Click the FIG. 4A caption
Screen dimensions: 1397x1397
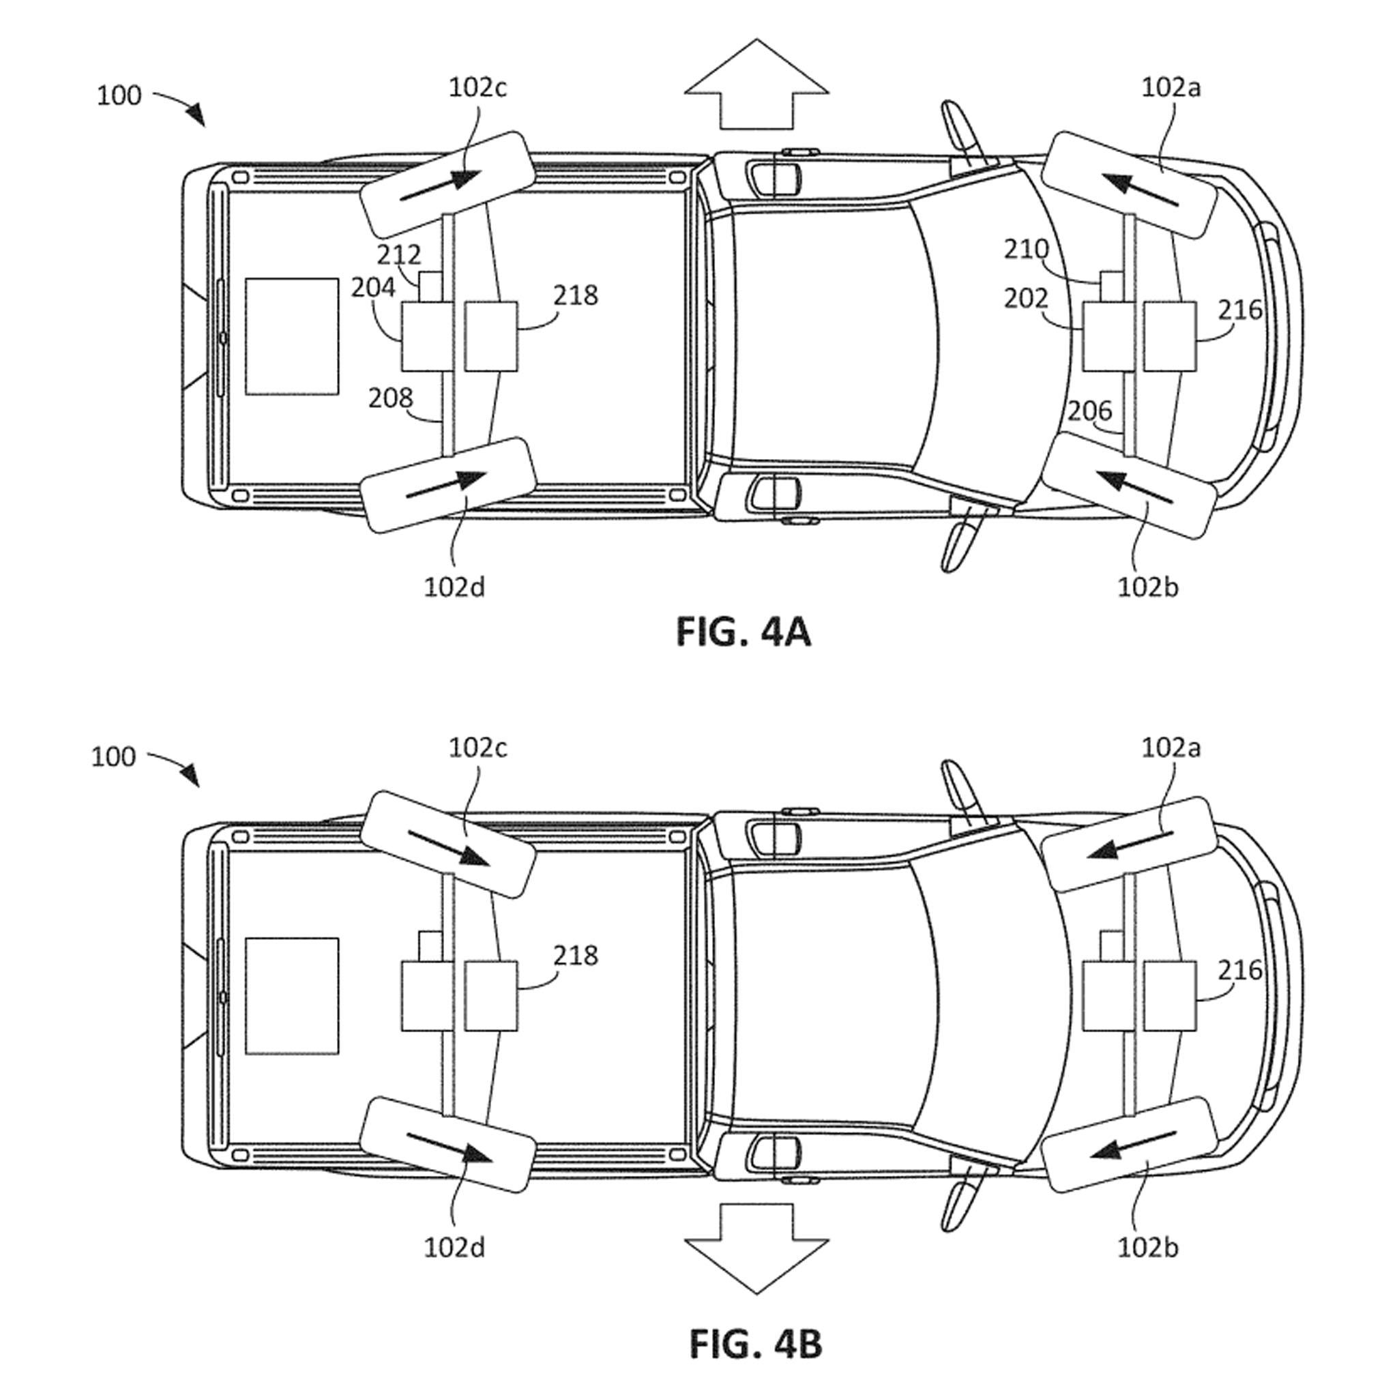click(x=744, y=633)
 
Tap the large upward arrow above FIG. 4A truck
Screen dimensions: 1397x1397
click(x=756, y=83)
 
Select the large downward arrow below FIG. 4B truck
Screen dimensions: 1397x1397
click(x=756, y=1249)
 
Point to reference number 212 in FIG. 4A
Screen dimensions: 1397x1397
click(x=398, y=254)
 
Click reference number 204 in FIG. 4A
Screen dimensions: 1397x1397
click(x=373, y=288)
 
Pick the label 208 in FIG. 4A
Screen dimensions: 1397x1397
click(x=390, y=398)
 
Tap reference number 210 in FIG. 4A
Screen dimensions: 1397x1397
click(x=1026, y=250)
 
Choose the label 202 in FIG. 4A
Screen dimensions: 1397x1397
click(x=1026, y=298)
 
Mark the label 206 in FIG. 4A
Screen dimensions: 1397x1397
click(x=1089, y=411)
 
